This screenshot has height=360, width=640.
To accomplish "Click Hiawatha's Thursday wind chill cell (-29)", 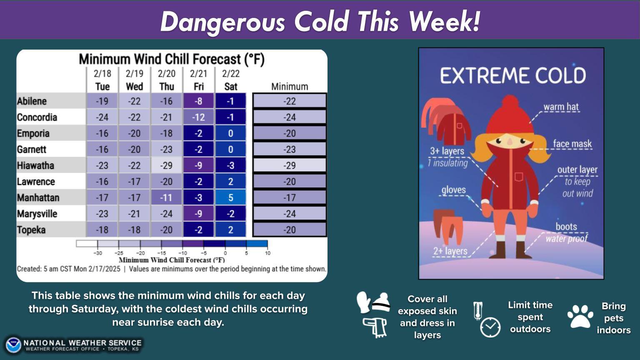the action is click(167, 165).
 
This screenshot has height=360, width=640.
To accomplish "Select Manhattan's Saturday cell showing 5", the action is click(230, 197).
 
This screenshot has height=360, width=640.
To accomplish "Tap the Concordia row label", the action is click(37, 117).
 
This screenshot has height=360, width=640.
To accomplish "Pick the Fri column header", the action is click(199, 86).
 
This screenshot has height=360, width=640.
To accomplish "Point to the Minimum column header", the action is click(290, 86).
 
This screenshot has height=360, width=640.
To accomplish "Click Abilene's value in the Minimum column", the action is click(290, 101).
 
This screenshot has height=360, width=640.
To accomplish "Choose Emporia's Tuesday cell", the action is click(102, 133).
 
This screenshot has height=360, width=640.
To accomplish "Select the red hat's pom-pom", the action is click(510, 102).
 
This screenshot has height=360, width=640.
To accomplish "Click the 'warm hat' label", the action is click(561, 107).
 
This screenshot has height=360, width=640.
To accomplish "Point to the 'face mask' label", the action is click(572, 143).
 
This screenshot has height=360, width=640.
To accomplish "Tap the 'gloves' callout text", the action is click(453, 190).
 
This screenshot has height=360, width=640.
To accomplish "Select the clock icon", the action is click(490, 327).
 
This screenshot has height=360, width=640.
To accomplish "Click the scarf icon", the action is click(375, 327).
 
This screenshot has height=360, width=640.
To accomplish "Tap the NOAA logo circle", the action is click(13, 345).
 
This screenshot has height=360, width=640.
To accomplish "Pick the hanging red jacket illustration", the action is click(454, 129).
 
